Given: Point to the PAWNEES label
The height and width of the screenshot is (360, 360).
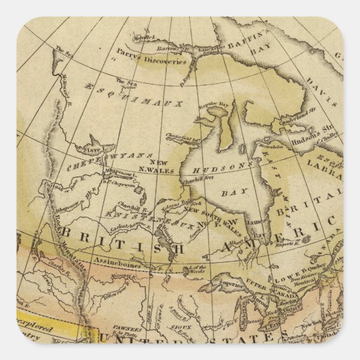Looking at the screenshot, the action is (144, 328).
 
